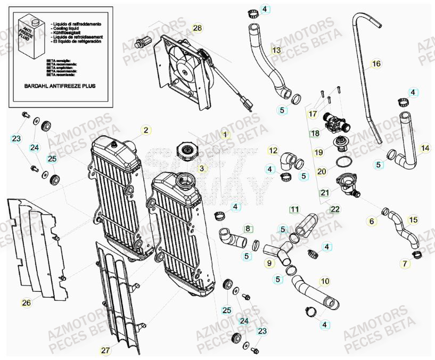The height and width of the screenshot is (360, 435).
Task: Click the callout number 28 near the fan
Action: point(198,28)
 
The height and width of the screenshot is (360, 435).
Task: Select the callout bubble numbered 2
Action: point(145,129)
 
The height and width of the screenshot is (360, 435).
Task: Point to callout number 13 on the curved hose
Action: point(276,51)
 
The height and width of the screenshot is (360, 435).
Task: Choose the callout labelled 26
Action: point(27,303)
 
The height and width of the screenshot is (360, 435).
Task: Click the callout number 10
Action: point(324,281)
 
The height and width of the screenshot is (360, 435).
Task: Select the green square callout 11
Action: point(294,209)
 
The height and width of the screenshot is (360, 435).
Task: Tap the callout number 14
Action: point(424,148)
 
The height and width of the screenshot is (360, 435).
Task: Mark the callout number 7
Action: point(405,263)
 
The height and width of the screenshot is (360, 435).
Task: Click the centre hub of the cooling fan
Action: point(185,68)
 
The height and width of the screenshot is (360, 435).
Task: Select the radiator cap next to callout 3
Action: point(188,151)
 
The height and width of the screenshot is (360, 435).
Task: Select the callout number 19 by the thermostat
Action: point(318,152)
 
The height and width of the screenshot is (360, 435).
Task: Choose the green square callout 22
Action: point(335,209)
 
